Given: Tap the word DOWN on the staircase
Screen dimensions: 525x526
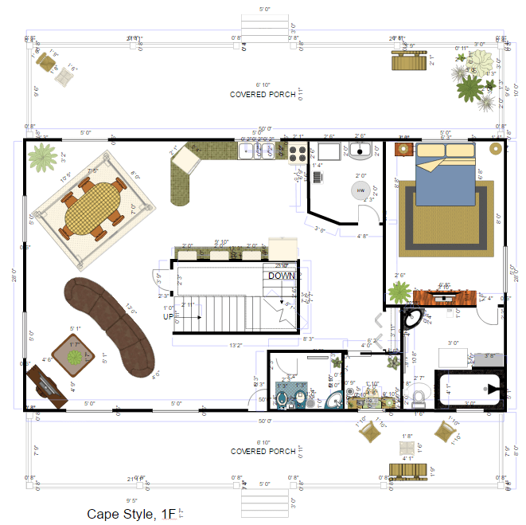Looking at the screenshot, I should [281, 276].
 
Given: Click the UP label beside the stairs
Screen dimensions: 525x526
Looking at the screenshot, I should [168, 316].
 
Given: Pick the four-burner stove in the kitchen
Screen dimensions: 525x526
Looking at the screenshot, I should [297, 151].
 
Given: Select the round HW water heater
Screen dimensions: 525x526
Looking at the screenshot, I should [360, 190].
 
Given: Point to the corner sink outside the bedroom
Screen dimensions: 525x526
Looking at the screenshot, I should [412, 319].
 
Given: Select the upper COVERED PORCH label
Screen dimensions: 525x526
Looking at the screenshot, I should [263, 94].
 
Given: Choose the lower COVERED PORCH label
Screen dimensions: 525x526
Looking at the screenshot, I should [263, 451].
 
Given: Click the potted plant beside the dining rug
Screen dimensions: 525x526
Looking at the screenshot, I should [41, 159].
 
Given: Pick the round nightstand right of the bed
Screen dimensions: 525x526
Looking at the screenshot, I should [495, 148].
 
